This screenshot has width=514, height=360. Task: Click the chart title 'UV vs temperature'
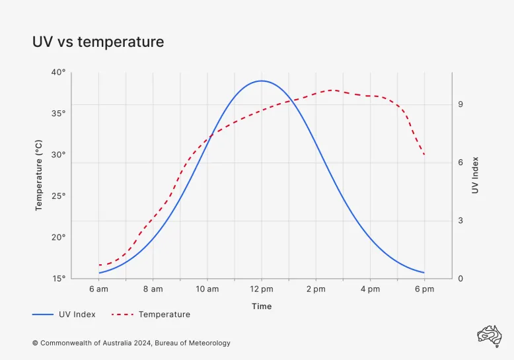pyautogui.click(x=98, y=42)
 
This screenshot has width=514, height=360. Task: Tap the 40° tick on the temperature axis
pyautogui.click(x=59, y=72)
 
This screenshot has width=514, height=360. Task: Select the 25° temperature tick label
pyautogui.click(x=59, y=196)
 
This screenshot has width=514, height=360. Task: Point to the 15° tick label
pyautogui.click(x=59, y=279)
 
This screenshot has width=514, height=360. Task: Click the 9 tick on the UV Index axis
pyautogui.click(x=460, y=104)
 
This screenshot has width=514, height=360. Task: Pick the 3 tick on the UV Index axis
pyautogui.click(x=460, y=221)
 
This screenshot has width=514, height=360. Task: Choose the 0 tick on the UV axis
pyautogui.click(x=460, y=279)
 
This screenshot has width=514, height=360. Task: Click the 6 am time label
pyautogui.click(x=98, y=289)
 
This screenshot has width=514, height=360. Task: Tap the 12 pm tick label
pyautogui.click(x=262, y=289)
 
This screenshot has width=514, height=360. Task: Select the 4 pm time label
pyautogui.click(x=370, y=289)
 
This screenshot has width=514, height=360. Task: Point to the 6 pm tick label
pyautogui.click(x=424, y=289)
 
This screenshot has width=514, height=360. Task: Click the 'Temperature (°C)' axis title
pyautogui.click(x=39, y=175)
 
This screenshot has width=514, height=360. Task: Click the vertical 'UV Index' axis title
pyautogui.click(x=475, y=175)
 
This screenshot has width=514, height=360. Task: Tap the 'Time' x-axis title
pyautogui.click(x=262, y=306)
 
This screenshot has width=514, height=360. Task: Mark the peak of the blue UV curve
pyautogui.click(x=262, y=81)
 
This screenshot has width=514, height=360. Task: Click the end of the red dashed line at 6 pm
pyautogui.click(x=424, y=155)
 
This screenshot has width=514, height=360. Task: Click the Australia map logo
pyautogui.click(x=490, y=335)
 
